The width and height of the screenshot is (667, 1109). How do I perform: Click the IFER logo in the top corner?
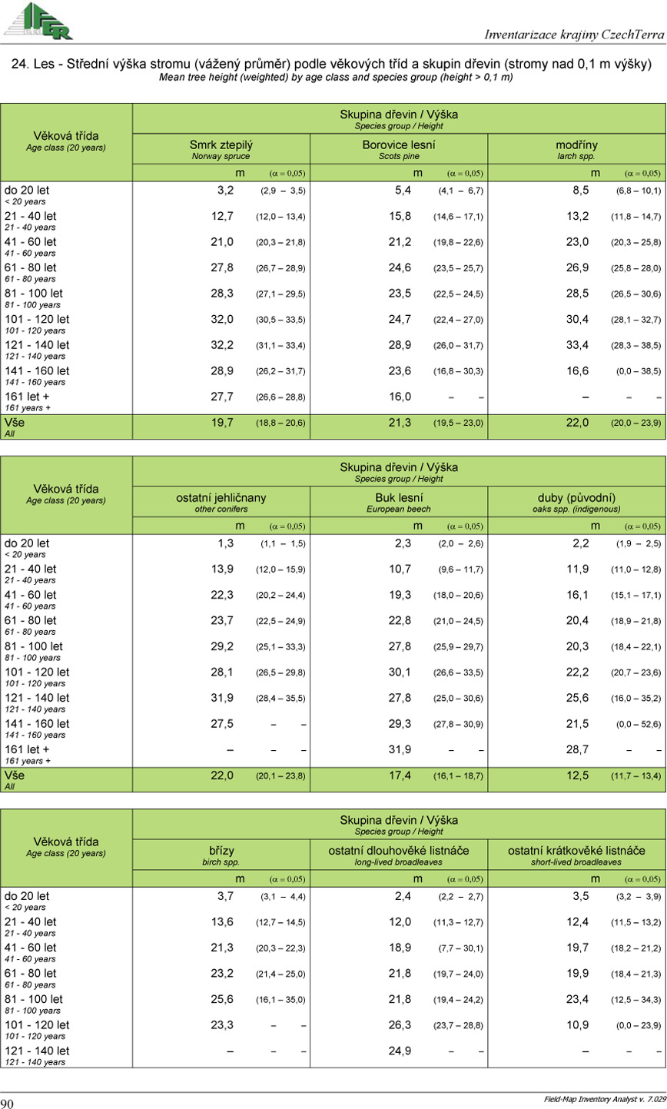(x=38, y=21)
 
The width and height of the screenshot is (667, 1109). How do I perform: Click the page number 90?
(x=8, y=1103)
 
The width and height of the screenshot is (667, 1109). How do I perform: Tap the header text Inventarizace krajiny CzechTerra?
(x=575, y=35)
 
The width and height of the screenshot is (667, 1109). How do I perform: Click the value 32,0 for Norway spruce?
(x=223, y=318)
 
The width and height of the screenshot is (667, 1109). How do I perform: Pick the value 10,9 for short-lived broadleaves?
(x=578, y=1025)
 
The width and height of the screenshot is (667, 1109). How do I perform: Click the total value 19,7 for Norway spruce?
(x=223, y=422)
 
